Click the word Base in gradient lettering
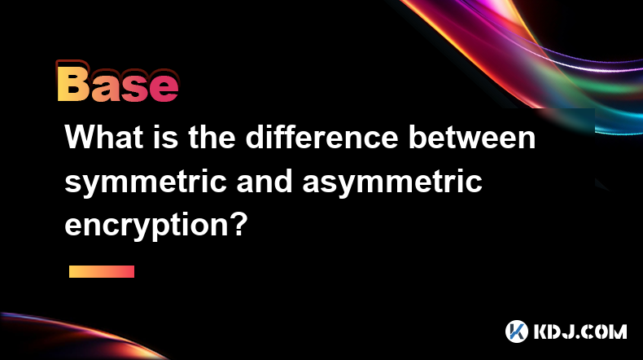click(x=118, y=81)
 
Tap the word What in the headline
click(x=103, y=137)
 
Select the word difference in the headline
click(x=322, y=137)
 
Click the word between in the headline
click(x=472, y=137)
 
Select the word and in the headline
click(x=265, y=181)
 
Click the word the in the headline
click(x=212, y=137)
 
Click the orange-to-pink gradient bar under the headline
click(x=102, y=271)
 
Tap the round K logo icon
click(x=517, y=331)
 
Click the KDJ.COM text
click(x=580, y=331)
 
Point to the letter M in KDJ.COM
click(x=618, y=331)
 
